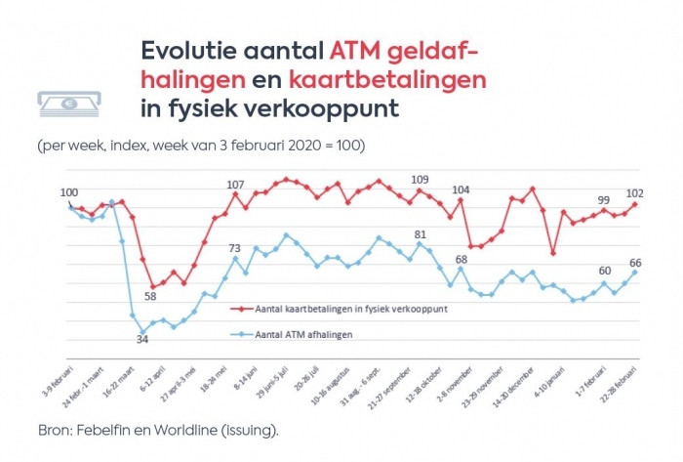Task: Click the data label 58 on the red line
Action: tap(151, 297)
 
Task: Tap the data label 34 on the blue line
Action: tap(142, 340)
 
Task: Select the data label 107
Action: tap(235, 185)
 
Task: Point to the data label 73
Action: tap(235, 248)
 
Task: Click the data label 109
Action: tap(420, 179)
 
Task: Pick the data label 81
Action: tap(421, 234)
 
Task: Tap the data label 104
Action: tap(461, 189)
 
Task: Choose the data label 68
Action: tap(461, 260)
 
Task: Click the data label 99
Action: tap(604, 198)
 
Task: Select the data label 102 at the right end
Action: tap(635, 192)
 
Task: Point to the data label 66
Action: tap(635, 262)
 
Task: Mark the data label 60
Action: tap(604, 271)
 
